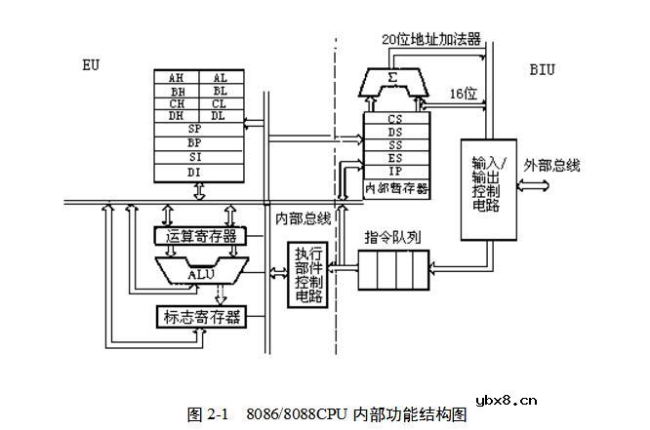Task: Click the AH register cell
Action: coord(177,77)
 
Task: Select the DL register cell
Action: coord(220,115)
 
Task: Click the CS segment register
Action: coord(395,119)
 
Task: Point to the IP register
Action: coord(395,171)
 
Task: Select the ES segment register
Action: coord(395,158)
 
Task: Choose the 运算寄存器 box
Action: coord(201,236)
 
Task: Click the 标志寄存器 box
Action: coord(201,317)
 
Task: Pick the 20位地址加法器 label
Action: coord(432,39)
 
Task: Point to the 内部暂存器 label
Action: coord(396,187)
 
